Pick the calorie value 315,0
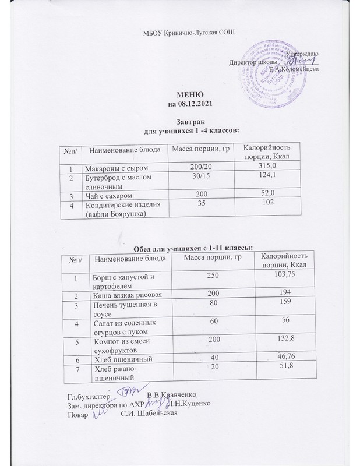coord(260,168)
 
